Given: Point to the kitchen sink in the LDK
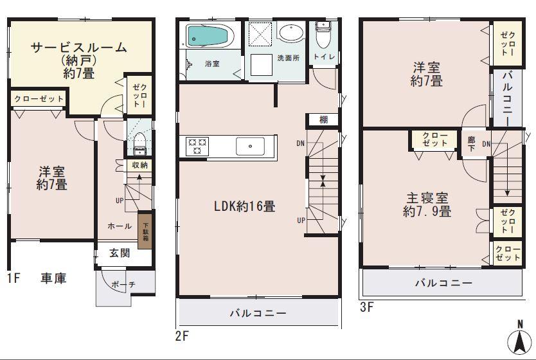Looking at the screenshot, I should coord(249,147).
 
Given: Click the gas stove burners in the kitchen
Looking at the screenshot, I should coord(196,147).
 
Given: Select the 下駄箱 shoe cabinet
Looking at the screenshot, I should coord(145,226).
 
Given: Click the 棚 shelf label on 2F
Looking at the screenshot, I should coord(323,120).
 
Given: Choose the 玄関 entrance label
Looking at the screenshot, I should coord(120,253).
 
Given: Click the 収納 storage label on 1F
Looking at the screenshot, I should coord(139,165).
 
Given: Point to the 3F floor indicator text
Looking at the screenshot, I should coord(366,307).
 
